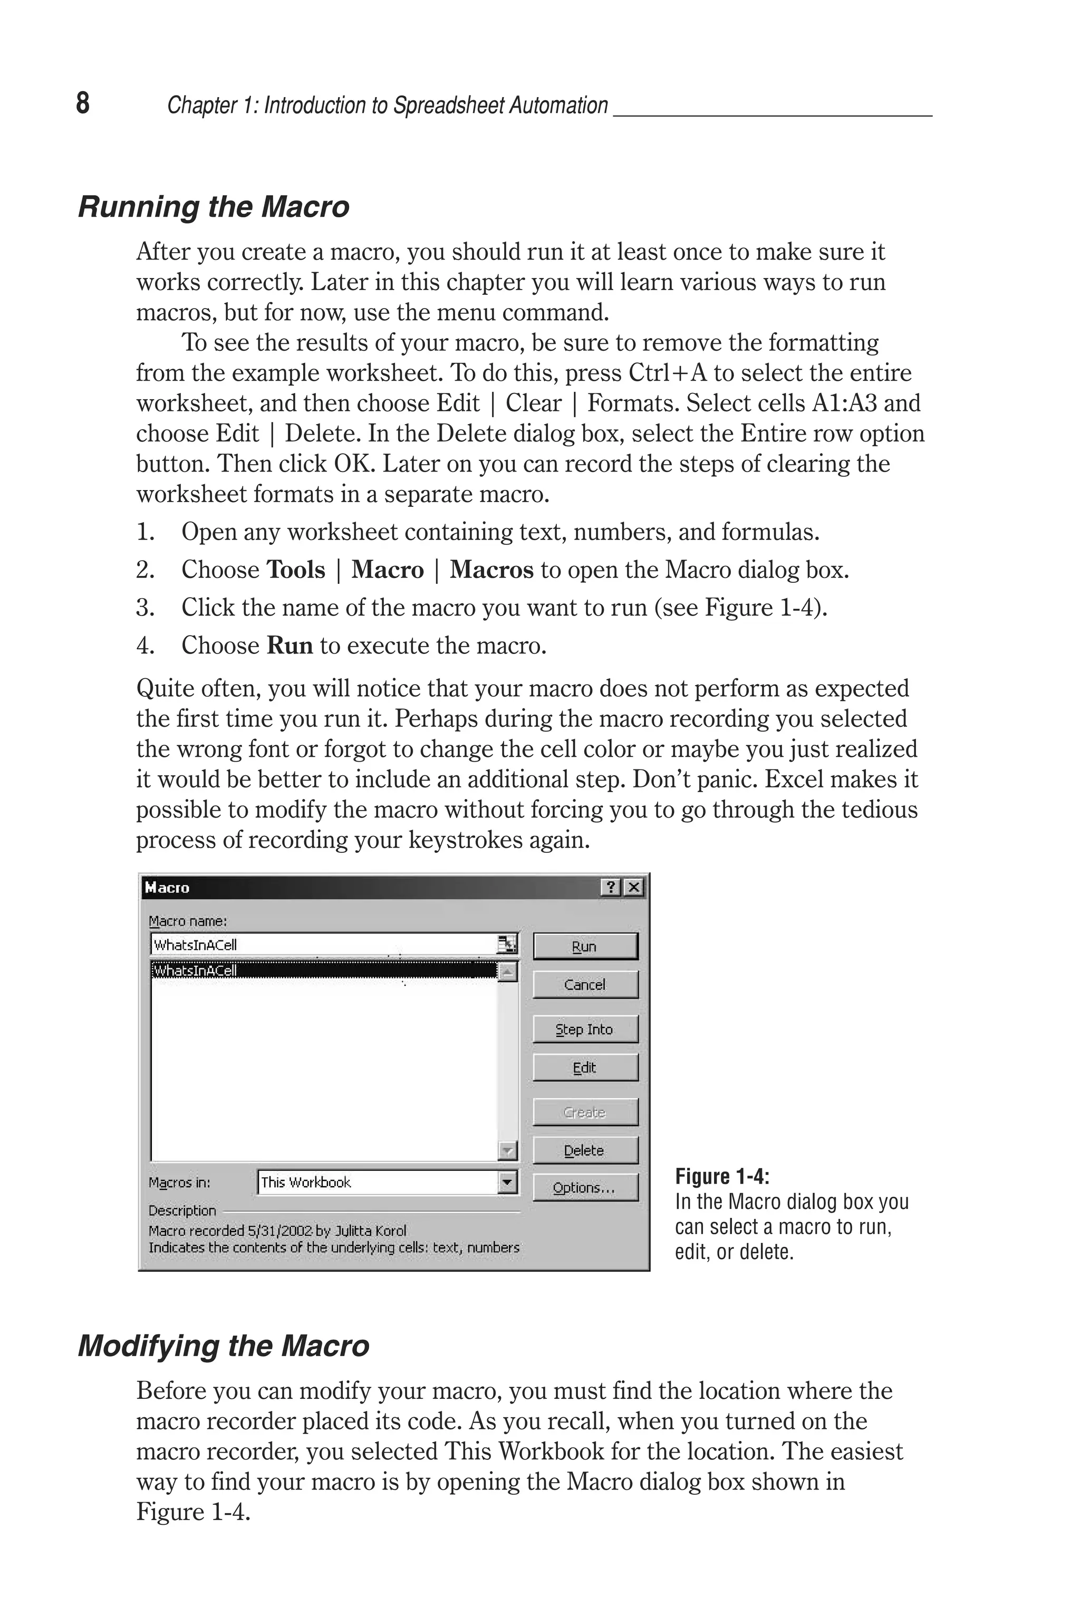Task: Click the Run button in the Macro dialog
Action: coord(585,946)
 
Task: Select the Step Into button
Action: coord(585,1029)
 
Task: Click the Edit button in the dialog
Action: coord(585,1068)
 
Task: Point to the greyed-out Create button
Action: coord(585,1112)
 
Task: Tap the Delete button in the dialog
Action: coord(585,1150)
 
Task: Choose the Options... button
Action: coord(585,1188)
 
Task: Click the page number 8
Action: coord(83,103)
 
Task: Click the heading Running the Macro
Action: coord(214,207)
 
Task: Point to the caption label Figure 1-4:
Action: coord(722,1176)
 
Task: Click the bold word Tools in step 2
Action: coord(295,570)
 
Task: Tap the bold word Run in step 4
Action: coord(290,646)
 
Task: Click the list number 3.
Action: coord(144,608)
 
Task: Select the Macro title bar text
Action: coord(167,888)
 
